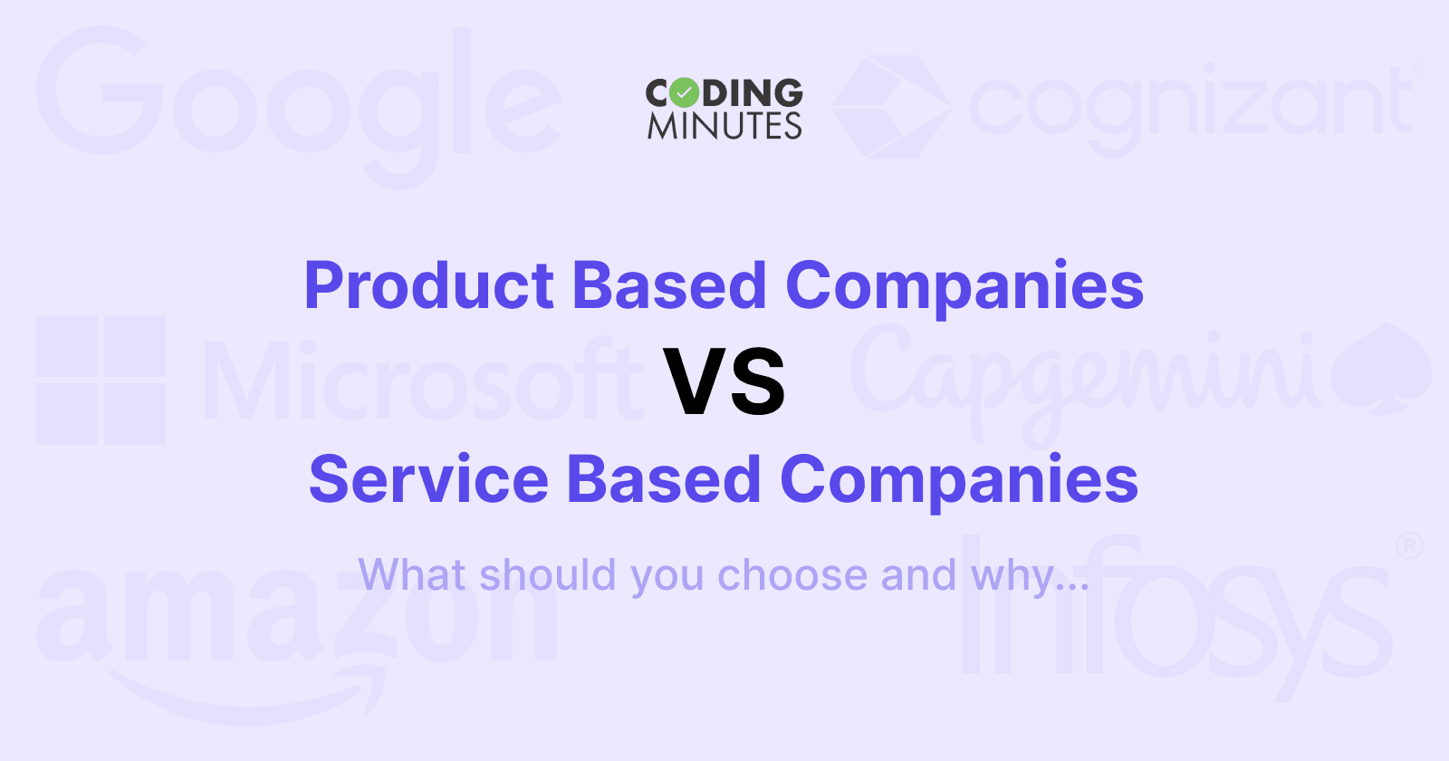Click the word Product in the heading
coord(428,286)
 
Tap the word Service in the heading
coord(428,480)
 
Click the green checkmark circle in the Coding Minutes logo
coord(685,93)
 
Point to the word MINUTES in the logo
coord(724,126)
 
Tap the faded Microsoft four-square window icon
coord(101,380)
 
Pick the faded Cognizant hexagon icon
coord(891,106)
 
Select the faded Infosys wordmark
coord(1177,616)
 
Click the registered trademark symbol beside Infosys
coord(1409,545)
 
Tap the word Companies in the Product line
coord(964,286)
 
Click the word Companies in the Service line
coord(959,480)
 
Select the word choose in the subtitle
coord(792,575)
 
